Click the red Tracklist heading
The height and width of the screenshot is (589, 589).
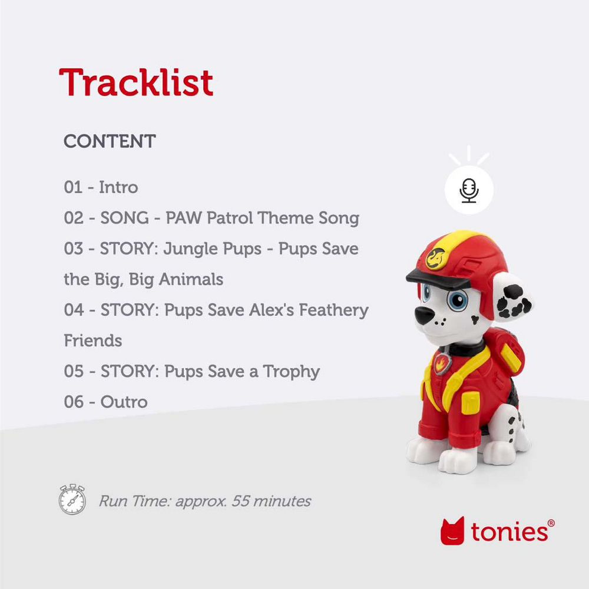[136, 82]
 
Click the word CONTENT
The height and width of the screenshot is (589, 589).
[110, 141]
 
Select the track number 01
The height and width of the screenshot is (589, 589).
[73, 187]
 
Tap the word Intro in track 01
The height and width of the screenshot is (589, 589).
[118, 187]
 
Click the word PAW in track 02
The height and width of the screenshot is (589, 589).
[184, 218]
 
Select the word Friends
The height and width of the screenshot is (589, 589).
[93, 340]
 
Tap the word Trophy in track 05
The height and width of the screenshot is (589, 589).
[291, 372]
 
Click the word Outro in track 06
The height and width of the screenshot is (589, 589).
[124, 402]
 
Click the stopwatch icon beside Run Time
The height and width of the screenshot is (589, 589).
[72, 499]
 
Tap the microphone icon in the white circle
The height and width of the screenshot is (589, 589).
[469, 190]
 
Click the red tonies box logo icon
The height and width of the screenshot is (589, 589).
[452, 531]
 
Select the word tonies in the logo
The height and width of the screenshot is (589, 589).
[509, 532]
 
